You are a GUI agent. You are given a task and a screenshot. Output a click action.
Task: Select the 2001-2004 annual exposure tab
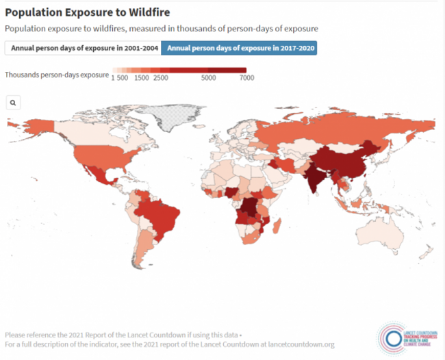coord(81,48)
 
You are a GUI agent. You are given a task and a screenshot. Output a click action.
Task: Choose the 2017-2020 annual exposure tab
coord(240,48)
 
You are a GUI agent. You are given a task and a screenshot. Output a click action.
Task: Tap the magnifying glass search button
coord(13,102)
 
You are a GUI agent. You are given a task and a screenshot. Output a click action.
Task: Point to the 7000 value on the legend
coord(246,78)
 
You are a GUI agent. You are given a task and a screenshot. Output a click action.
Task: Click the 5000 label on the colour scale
coord(209,78)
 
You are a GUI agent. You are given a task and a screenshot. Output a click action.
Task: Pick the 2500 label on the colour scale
coord(161,78)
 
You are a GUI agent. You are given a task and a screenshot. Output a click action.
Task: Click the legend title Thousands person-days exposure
coord(56,74)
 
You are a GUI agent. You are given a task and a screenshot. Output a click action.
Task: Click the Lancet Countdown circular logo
coord(393,337)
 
